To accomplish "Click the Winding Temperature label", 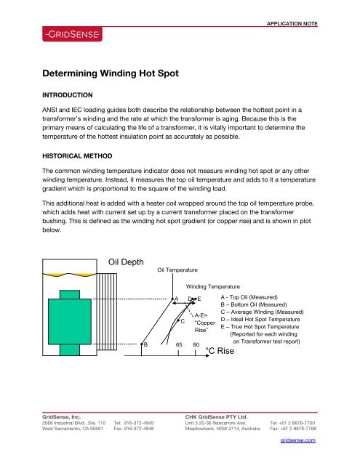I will click(214, 287).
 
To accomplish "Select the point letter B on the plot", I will click(146, 344).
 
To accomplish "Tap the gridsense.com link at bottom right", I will click(298, 450).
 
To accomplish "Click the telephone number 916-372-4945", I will click(148, 423).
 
